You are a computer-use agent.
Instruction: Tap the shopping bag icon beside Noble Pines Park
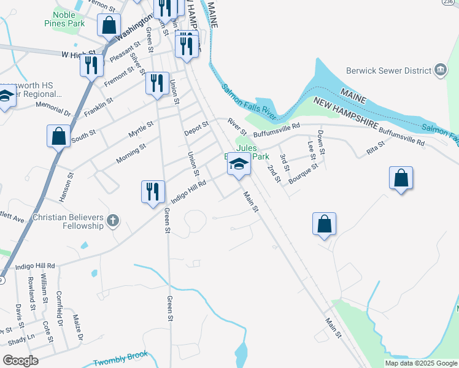109,26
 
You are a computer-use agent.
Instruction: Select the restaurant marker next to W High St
91,65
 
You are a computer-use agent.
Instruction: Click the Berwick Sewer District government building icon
440,70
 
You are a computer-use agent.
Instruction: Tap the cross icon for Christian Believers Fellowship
112,221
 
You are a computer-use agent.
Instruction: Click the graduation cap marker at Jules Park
239,165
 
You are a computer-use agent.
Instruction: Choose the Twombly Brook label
121,362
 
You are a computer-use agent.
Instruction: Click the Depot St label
197,129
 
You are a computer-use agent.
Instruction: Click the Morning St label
131,154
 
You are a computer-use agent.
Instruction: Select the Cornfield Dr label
60,309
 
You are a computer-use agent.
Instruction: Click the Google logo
20,361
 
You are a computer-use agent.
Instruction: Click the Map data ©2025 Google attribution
421,363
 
